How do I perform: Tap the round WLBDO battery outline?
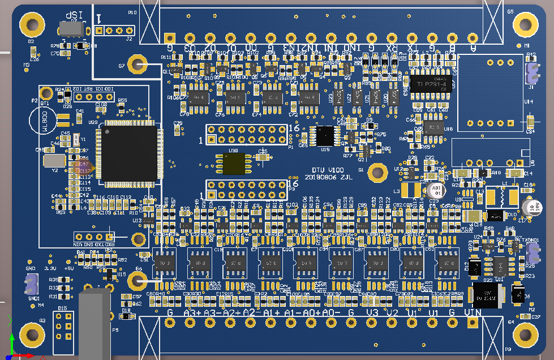click(x=43, y=121)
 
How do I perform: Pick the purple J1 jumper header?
click(x=531, y=72)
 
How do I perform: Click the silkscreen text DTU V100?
click(x=328, y=170)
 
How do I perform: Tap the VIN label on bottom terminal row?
click(x=472, y=312)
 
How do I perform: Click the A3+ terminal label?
click(x=192, y=312)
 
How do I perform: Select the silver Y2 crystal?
click(x=54, y=160)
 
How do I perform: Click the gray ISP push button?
click(x=71, y=29)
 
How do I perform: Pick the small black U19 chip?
click(x=325, y=135)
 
